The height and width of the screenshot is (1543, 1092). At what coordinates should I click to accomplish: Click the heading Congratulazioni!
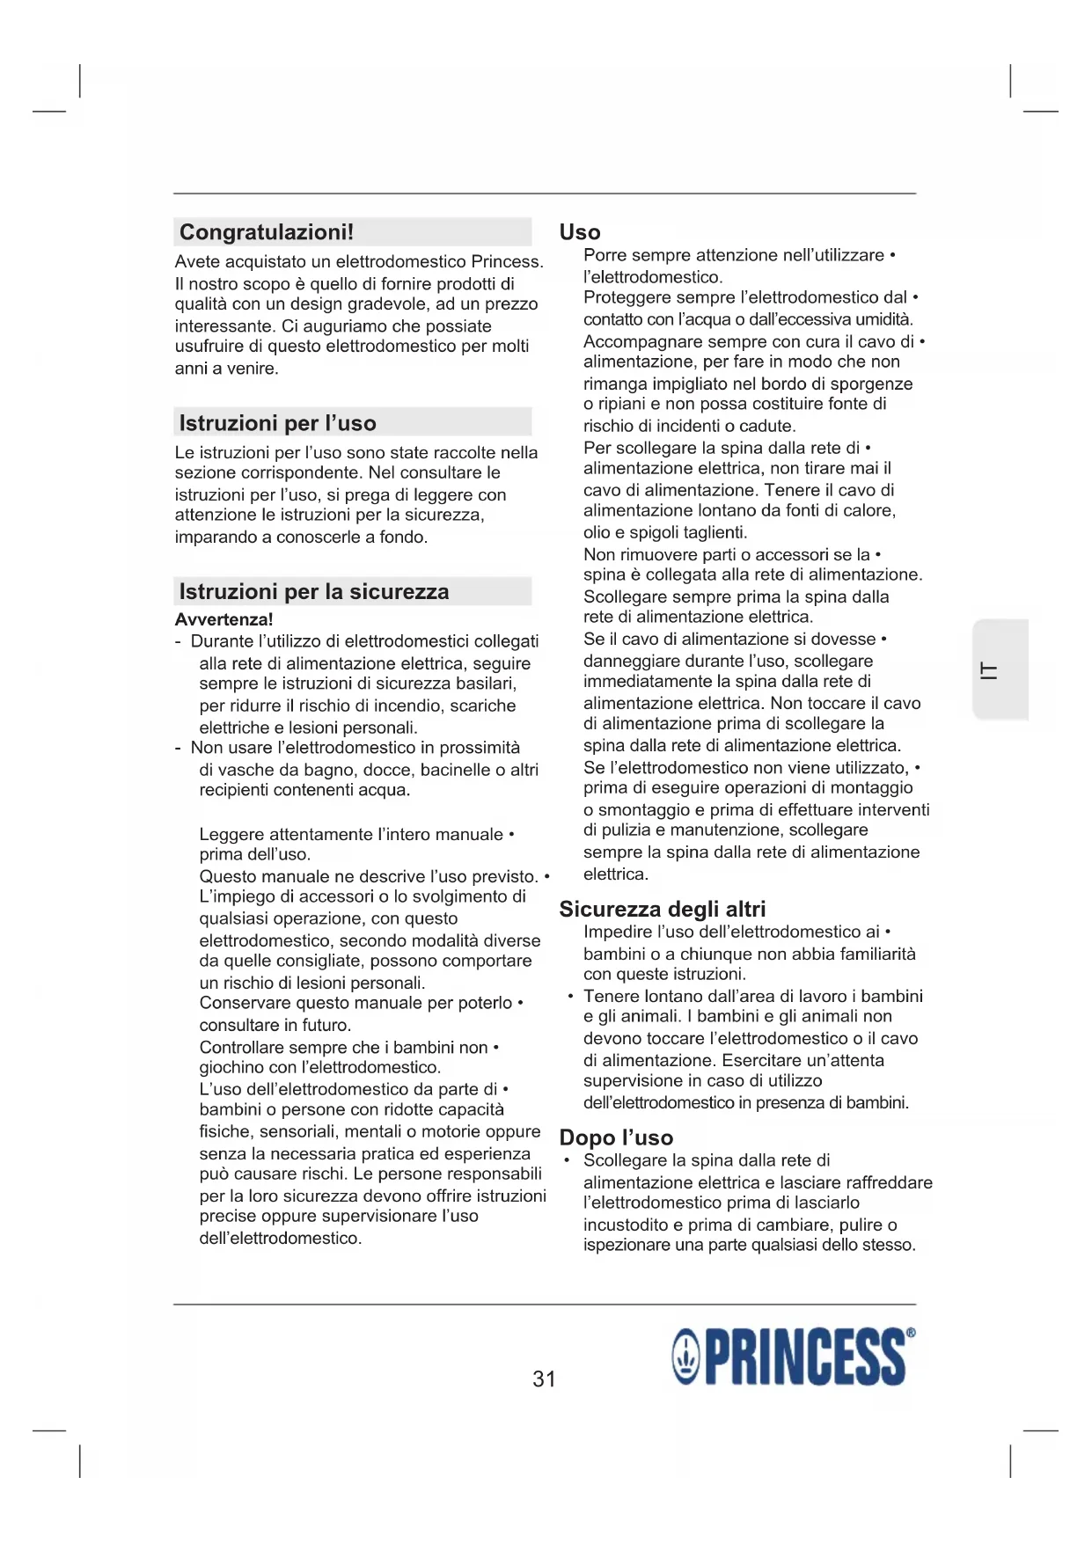point(266,232)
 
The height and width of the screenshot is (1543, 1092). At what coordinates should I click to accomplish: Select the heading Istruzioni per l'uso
point(277,423)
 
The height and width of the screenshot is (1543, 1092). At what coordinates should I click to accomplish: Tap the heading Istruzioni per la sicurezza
point(313,591)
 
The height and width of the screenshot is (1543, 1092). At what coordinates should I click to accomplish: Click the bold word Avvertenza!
point(224,619)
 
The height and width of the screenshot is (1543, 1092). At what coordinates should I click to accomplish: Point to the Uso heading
point(580,232)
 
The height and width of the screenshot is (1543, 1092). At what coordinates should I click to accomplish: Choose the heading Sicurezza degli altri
point(662,909)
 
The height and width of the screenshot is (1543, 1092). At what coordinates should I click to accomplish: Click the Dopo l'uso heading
point(616,1137)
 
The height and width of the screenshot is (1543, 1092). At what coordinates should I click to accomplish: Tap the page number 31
point(544,1378)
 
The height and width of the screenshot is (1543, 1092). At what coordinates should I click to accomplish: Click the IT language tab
point(990,670)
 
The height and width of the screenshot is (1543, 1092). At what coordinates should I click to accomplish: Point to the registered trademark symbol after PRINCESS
point(911,1333)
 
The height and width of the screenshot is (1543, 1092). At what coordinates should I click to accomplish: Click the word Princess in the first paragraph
point(507,261)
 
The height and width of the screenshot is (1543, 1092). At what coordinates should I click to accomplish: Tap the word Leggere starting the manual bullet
point(231,834)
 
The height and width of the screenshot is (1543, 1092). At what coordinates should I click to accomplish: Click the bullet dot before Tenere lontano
point(571,997)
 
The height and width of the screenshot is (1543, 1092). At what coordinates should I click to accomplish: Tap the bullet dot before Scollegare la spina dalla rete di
point(568,1161)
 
